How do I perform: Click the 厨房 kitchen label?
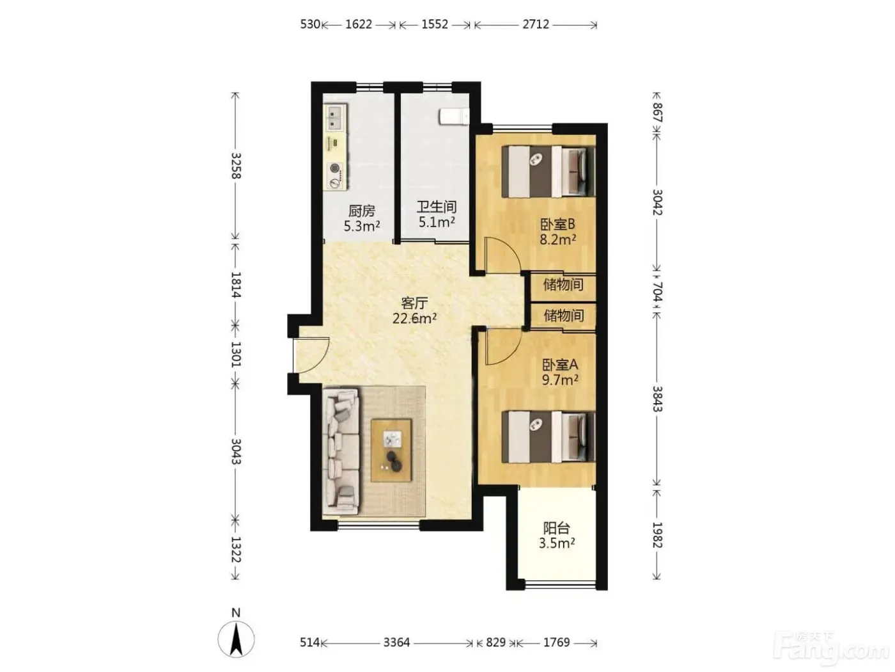click(x=361, y=211)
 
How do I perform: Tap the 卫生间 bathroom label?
click(x=436, y=207)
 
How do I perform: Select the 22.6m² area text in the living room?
click(x=414, y=318)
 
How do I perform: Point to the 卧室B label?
click(x=557, y=224)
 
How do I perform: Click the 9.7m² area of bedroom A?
click(x=559, y=380)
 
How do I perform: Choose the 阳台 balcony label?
click(x=556, y=529)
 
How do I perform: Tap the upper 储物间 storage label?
click(x=563, y=284)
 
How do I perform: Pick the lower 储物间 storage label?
click(x=563, y=316)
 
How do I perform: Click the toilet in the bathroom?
click(x=453, y=116)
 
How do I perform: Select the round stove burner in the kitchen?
click(x=335, y=168)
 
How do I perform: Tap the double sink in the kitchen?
click(x=335, y=117)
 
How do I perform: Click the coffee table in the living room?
click(x=391, y=451)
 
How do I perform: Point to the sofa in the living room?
click(x=341, y=451)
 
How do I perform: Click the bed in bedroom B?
click(x=548, y=172)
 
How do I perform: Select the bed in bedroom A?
click(x=548, y=437)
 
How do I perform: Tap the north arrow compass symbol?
click(x=236, y=639)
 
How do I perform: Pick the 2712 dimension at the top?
click(x=536, y=24)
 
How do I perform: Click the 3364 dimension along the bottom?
click(x=396, y=643)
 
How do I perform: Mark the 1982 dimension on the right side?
click(x=657, y=535)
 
